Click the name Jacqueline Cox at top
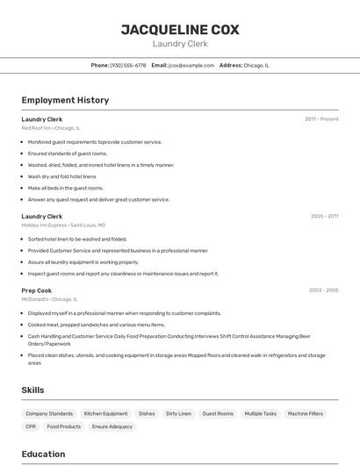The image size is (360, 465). click(x=180, y=30)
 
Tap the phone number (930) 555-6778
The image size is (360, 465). click(x=128, y=65)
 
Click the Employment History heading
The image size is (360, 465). click(x=65, y=100)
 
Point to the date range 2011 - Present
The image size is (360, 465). click(x=321, y=118)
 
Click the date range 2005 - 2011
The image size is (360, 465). click(x=324, y=216)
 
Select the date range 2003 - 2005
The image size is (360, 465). click(x=323, y=290)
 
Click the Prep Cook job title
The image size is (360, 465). click(x=37, y=290)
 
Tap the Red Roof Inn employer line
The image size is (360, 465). click(x=50, y=128)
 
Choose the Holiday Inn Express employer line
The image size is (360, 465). click(x=63, y=225)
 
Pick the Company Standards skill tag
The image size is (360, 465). click(x=49, y=413)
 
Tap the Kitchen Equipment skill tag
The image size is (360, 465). click(x=105, y=413)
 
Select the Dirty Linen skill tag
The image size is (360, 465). click(x=178, y=413)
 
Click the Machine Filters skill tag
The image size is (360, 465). click(x=306, y=413)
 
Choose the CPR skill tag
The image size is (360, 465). click(x=31, y=426)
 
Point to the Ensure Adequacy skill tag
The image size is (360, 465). click(x=112, y=426)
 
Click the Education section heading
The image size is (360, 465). click(x=43, y=454)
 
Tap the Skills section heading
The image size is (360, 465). click(x=33, y=390)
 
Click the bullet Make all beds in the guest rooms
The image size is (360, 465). click(x=65, y=188)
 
